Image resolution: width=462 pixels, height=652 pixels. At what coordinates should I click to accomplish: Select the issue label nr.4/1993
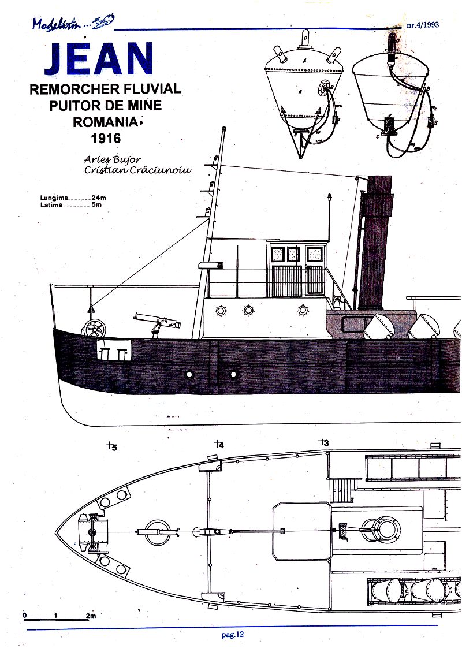[x=430, y=25]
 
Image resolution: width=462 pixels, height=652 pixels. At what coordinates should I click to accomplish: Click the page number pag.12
[x=233, y=634]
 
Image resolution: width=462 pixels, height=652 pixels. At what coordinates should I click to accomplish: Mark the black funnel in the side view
[x=375, y=243]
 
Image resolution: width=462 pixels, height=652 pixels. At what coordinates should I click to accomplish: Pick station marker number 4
[x=219, y=444]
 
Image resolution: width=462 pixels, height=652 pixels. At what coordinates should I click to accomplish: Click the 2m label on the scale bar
[x=91, y=616]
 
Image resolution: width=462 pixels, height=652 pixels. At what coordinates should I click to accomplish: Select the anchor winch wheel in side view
[x=94, y=329]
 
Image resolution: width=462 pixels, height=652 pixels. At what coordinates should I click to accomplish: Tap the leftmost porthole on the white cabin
[x=220, y=311]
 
